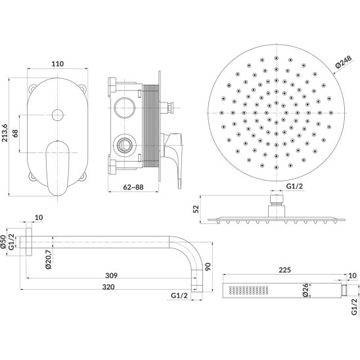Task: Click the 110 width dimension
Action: coord(57,64)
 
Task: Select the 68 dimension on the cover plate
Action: coord(15,133)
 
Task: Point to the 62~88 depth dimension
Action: coord(133,187)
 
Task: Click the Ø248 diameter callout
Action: coord(344,62)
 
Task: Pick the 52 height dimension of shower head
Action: coord(196,209)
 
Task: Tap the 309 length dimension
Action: coord(112,275)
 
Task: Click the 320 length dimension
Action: coord(108,287)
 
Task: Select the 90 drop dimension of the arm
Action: coord(208,267)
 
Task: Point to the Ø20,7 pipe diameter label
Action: coord(49,259)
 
